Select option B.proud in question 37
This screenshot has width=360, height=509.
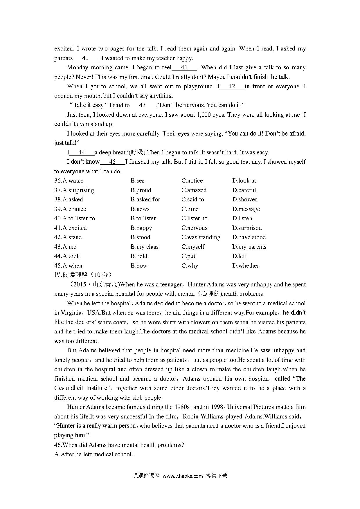coord(141,190)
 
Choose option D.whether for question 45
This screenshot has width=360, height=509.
coord(245,266)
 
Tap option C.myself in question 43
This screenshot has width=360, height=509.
coord(193,247)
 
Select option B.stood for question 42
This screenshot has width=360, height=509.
coord(140,237)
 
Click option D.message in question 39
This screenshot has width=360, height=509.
coord(246,209)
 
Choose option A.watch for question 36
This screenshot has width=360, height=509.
coord(69,181)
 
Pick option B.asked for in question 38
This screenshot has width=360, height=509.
coord(145,199)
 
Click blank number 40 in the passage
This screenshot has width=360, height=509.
coord(85,58)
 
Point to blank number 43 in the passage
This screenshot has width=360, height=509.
coord(142,105)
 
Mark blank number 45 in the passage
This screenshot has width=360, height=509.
coord(112,162)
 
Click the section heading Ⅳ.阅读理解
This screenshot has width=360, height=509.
coord(83,275)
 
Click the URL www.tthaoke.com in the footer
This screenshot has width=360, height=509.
coord(182,476)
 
